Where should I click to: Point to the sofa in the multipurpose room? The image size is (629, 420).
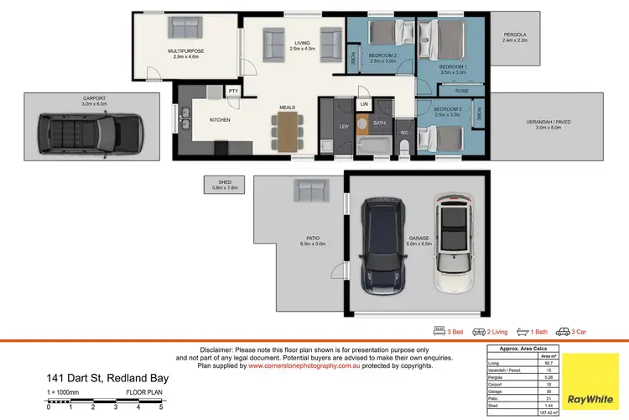186,28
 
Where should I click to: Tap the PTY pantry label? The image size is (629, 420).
233,91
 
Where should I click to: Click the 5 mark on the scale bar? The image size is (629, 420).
160,407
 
